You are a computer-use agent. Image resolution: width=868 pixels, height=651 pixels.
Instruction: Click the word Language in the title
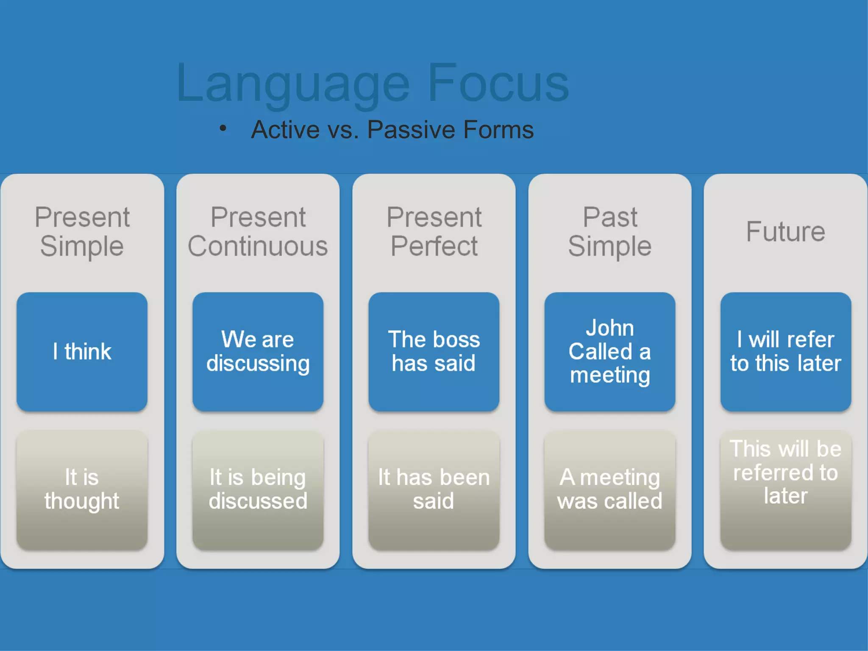click(x=292, y=83)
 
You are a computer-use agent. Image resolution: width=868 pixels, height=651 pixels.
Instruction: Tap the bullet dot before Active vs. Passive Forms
click(x=223, y=128)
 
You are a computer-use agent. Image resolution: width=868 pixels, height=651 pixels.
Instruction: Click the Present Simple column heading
click(x=82, y=231)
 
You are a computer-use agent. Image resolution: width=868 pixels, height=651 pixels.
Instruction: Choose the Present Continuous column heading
click(x=258, y=231)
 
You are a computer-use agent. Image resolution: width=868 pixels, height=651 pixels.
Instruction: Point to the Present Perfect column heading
click(x=434, y=231)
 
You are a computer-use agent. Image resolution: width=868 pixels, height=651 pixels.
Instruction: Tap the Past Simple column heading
click(x=609, y=231)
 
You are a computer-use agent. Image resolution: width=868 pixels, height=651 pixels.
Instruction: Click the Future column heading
click(x=785, y=231)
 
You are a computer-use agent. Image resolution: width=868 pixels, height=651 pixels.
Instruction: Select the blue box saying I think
click(x=82, y=351)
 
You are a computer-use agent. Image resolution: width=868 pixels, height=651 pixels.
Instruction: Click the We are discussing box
click(x=258, y=351)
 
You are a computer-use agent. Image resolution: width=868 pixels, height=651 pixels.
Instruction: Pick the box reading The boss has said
click(x=434, y=351)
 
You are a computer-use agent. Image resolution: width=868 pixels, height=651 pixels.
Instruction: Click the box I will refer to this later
click(x=785, y=351)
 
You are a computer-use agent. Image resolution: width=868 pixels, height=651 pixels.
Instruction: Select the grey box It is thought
click(x=82, y=490)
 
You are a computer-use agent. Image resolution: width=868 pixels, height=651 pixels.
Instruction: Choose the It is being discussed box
click(x=258, y=490)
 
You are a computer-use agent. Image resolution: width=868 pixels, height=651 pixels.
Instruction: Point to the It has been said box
click(x=434, y=490)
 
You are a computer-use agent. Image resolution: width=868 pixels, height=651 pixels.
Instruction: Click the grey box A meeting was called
click(x=609, y=490)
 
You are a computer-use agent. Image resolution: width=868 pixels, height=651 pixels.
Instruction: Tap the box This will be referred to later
click(x=785, y=490)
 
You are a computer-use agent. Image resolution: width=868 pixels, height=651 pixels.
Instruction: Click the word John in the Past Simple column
click(x=609, y=328)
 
